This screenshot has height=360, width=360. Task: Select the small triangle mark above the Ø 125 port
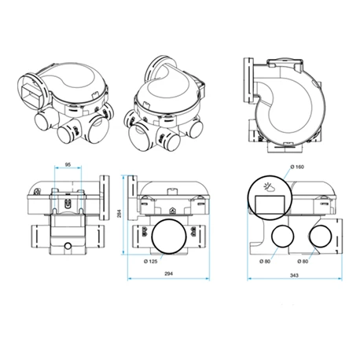[171, 210]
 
